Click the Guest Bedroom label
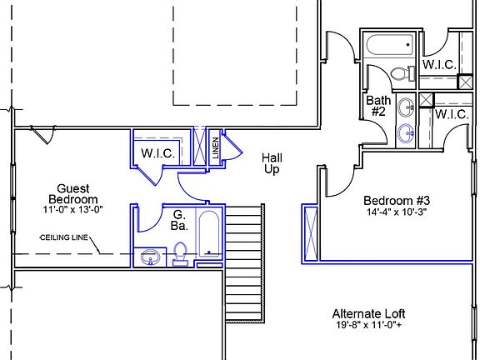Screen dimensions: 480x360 tap(73, 194)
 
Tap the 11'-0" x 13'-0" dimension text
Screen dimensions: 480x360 tap(72, 210)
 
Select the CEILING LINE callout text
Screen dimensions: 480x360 tap(64, 237)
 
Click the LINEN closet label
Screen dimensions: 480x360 tap(216, 148)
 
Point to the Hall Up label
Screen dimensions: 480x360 tap(272, 164)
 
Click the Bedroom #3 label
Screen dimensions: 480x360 tap(397, 201)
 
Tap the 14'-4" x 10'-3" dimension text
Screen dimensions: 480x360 tap(397, 212)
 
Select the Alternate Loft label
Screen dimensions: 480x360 tap(368, 314)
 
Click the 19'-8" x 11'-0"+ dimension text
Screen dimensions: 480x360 tap(368, 325)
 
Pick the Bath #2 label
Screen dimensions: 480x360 tap(378, 106)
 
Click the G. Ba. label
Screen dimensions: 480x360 tap(179, 220)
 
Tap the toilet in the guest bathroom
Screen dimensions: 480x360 tap(180, 254)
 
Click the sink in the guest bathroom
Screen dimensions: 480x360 tap(150, 257)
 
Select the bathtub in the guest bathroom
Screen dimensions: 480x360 tap(209, 233)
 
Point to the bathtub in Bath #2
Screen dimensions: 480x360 tap(390, 45)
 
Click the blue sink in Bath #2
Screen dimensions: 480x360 tap(406, 133)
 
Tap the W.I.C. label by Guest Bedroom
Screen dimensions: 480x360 tap(158, 153)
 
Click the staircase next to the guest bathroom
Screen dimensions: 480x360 tap(245, 263)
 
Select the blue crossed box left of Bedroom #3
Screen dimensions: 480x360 tap(311, 233)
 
